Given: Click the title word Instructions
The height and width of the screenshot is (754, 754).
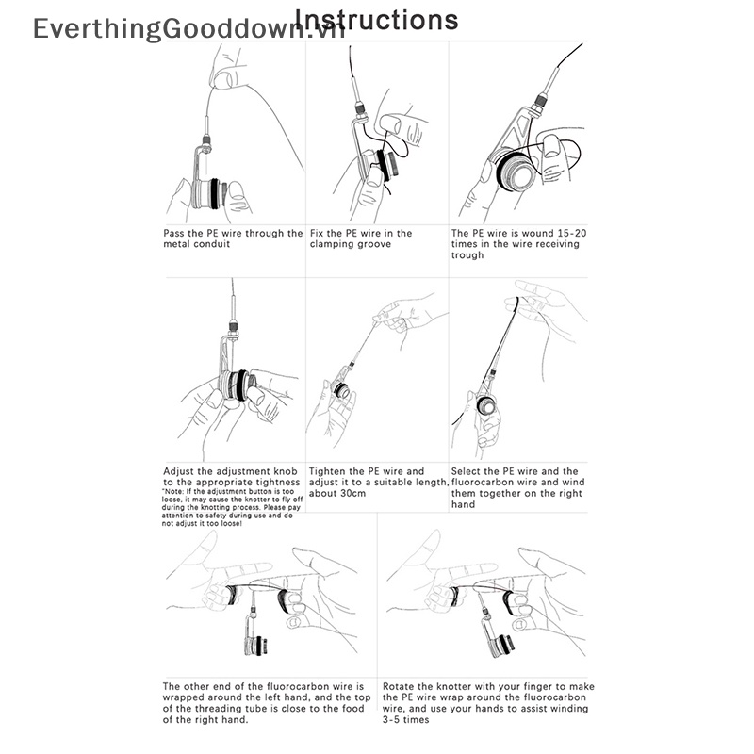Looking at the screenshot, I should [377, 20].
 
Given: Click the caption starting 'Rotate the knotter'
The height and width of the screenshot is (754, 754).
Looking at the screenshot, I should [487, 702].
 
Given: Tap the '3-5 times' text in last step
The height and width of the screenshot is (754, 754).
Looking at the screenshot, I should [405, 719].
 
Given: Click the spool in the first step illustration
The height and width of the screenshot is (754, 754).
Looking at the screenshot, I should [209, 192].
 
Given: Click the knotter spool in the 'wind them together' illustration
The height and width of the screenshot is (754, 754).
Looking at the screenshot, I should [488, 406].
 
